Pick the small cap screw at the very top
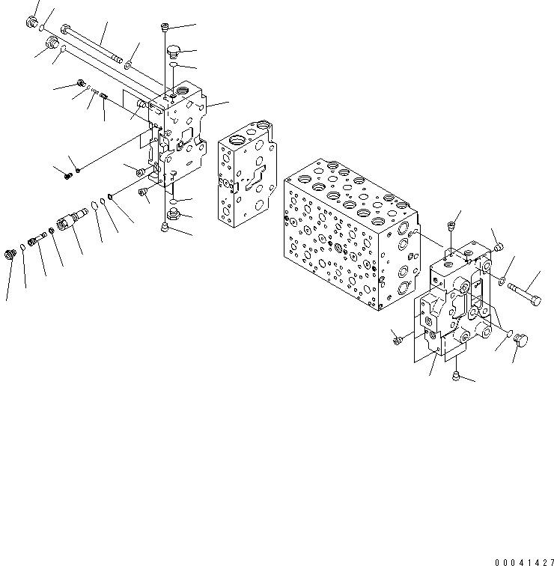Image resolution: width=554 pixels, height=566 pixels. [165, 28]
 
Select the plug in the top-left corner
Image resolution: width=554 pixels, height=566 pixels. [33, 24]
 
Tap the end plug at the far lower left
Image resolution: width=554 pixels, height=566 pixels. [11, 255]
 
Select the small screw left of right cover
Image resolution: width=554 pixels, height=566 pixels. [397, 341]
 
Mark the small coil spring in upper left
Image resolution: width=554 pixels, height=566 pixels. [104, 95]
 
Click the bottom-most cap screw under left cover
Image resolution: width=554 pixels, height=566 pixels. [165, 228]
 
